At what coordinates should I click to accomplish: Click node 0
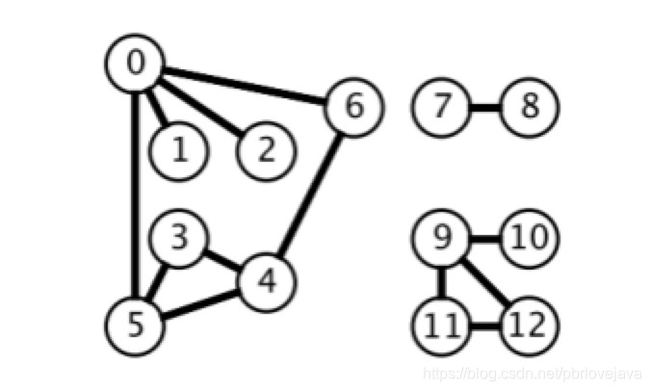click(134, 63)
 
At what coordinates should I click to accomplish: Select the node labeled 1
click(178, 151)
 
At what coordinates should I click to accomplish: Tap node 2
click(267, 149)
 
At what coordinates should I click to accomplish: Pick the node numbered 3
click(178, 237)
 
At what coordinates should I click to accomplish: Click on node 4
click(267, 280)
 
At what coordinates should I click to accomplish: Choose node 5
click(134, 324)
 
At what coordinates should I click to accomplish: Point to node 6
click(354, 106)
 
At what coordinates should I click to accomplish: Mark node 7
click(442, 106)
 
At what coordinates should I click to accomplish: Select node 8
click(530, 106)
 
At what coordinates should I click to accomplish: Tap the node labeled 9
click(442, 237)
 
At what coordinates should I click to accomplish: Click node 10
click(530, 237)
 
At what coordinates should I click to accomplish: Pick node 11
click(442, 324)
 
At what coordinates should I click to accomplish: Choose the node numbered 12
click(530, 324)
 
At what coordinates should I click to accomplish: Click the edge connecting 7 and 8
click(485, 106)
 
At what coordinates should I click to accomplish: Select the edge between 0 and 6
click(245, 85)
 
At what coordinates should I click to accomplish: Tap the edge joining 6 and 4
click(310, 194)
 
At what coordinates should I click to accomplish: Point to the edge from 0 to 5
click(134, 193)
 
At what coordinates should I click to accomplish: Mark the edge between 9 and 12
click(484, 279)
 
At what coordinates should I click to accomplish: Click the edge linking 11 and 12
click(485, 325)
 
